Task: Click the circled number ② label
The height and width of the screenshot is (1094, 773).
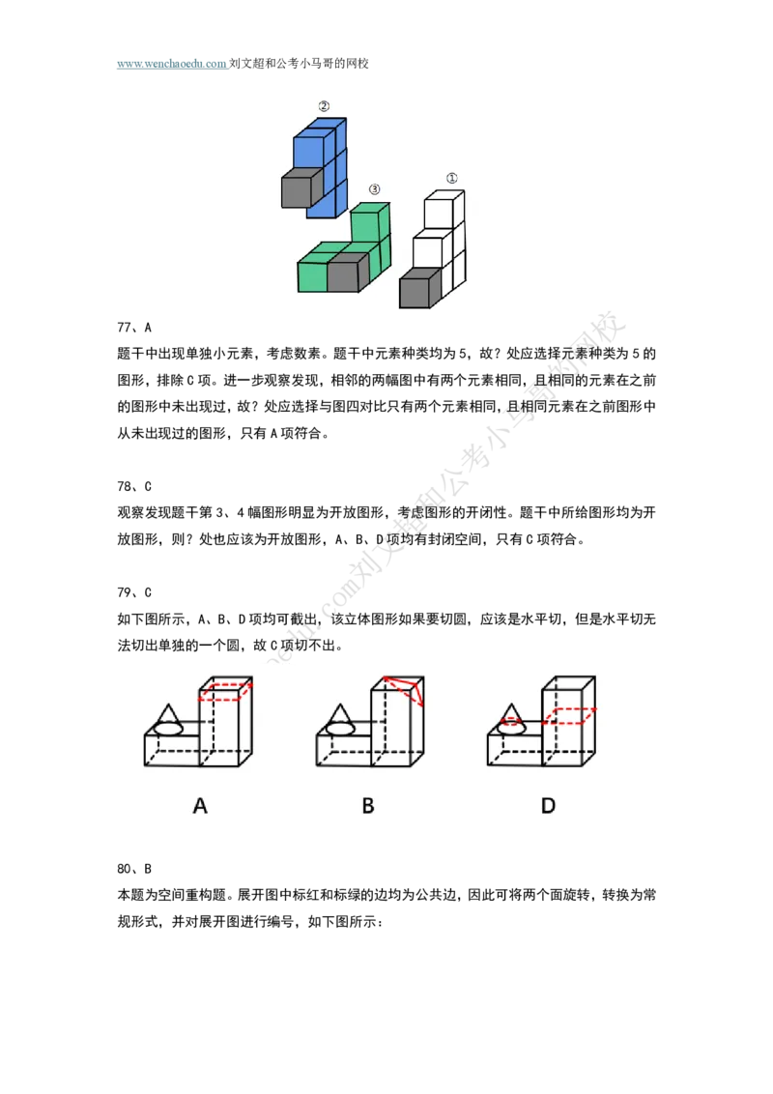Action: coord(324,106)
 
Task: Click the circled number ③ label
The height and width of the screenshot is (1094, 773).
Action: coord(375,189)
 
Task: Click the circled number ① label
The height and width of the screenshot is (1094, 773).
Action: coord(451,178)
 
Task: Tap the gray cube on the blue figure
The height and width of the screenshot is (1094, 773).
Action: coord(300,191)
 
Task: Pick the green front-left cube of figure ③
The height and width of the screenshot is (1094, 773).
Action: coord(312,276)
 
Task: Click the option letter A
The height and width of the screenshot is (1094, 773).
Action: coord(200,805)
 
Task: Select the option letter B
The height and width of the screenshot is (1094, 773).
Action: coord(368,805)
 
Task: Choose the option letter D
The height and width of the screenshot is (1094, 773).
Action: coord(548,805)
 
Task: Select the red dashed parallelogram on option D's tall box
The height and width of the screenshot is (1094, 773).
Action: coord(567,716)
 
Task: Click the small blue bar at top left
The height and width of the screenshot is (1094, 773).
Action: coord(173,63)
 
